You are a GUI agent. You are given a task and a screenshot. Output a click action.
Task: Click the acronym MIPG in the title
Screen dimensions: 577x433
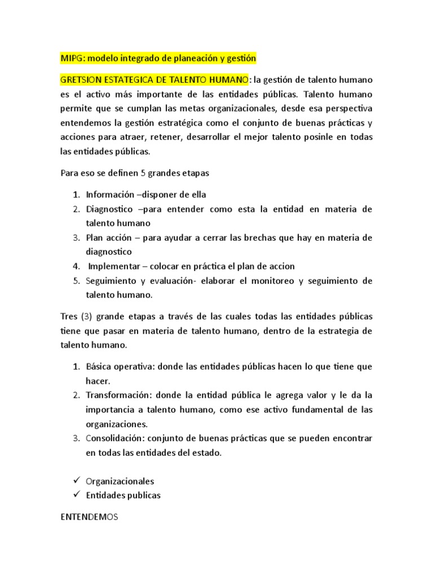click(72, 58)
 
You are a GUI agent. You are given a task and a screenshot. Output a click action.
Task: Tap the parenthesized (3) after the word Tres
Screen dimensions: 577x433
click(86, 316)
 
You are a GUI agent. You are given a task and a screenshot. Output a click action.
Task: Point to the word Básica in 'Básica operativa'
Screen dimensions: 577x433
click(99, 366)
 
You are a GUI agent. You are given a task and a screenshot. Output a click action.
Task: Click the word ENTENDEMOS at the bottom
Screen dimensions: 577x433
click(88, 516)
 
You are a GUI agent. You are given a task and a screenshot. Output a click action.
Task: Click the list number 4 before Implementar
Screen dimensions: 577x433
click(76, 266)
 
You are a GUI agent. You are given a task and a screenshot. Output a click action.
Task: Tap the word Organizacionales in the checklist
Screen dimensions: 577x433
click(120, 481)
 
